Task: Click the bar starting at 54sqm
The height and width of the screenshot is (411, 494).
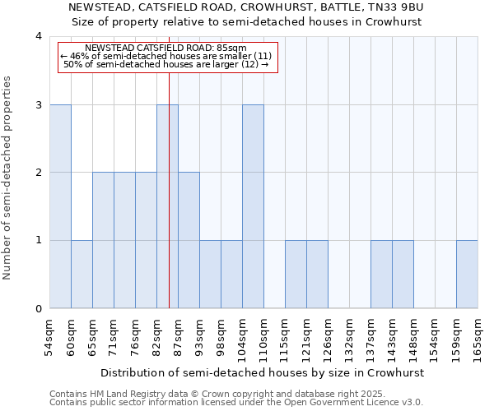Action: [x=60, y=206]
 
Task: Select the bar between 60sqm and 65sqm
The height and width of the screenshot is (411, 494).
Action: [x=82, y=275]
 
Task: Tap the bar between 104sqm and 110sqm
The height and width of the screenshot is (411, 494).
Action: [x=253, y=206]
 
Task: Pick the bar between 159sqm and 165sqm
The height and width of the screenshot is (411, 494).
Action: [x=467, y=275]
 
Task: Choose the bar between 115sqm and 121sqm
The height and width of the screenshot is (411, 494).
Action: [x=296, y=275]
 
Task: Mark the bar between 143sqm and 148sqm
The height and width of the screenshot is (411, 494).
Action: [x=403, y=275]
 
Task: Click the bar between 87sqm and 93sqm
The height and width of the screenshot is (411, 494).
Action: [x=189, y=240]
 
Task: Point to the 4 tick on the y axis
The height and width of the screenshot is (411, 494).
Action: [x=39, y=36]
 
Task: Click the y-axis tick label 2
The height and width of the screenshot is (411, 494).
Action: [x=39, y=173]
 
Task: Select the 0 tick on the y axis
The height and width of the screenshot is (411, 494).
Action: [x=39, y=309]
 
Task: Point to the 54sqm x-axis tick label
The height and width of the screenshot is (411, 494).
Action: [x=49, y=335]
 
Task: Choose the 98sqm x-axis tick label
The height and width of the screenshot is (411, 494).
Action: [x=221, y=335]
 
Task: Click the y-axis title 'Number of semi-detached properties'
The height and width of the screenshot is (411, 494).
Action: [x=8, y=178]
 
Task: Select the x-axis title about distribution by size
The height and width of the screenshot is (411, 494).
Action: [x=263, y=372]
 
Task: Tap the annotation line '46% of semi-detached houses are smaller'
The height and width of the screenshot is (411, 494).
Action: [x=165, y=56]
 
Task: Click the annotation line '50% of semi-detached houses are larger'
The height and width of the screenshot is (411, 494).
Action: [x=166, y=64]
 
